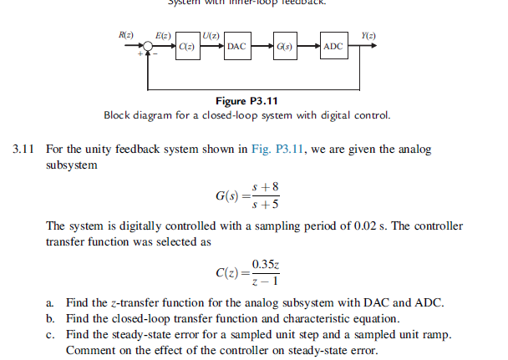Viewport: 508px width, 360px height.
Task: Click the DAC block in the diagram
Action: point(236,47)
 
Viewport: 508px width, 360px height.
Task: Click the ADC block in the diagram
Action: point(333,47)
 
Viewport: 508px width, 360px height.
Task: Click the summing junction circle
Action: point(149,48)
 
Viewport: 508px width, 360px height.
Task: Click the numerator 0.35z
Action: point(267,266)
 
